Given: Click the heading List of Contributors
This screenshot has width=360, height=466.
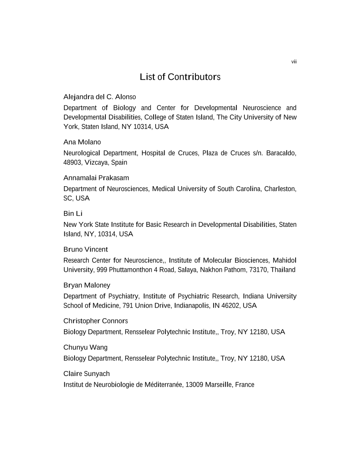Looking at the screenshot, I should click(x=180, y=77).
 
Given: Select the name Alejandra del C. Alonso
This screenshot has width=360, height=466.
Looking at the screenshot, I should click(x=100, y=97).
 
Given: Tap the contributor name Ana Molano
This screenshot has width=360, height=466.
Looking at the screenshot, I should click(x=82, y=143).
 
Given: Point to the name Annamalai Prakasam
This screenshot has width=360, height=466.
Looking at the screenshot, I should click(x=96, y=178).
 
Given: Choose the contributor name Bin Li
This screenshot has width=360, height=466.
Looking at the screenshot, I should click(x=73, y=214).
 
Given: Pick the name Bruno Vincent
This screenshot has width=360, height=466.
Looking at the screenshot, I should click(x=86, y=249).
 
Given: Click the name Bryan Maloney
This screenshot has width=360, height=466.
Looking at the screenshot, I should click(x=86, y=285).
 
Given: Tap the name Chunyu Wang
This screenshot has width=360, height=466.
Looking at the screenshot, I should click(x=86, y=347).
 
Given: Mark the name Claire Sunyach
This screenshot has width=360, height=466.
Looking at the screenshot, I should click(x=87, y=374).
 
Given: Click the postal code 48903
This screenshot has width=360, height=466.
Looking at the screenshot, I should click(x=73, y=162).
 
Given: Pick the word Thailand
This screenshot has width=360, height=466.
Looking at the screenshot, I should click(x=282, y=269).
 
